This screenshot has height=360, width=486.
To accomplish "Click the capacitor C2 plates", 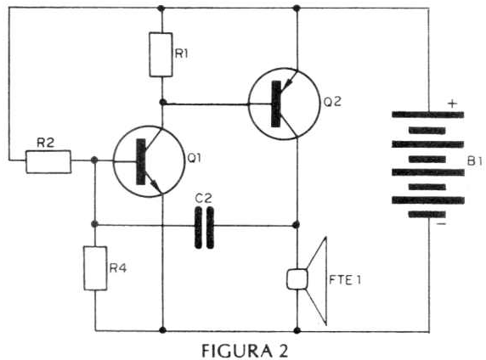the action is pos(204,228).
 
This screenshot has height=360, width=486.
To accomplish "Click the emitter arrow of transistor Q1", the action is pos(154,183).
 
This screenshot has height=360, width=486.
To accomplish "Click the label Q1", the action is pos(195,158).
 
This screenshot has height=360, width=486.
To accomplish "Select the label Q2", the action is pos(332,102).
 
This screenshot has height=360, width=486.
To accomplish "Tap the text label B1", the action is pos(475,161).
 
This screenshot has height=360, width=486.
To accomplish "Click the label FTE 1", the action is pos(345,280).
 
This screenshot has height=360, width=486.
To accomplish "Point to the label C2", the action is pos(203,199).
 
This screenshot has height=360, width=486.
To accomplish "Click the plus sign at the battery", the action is pos(453,104).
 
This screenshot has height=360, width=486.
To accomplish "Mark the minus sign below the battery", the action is pos(441,223).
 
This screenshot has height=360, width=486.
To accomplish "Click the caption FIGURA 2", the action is pos(245,351).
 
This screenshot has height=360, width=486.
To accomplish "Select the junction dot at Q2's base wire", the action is pos(162,102).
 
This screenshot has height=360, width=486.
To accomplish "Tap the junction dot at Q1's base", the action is pos(95,160).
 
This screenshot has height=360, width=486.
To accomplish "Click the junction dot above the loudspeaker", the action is pos(297,225).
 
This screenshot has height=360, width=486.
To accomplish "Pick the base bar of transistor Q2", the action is pos(276,104).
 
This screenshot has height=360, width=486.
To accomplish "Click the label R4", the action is pos(118,268).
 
